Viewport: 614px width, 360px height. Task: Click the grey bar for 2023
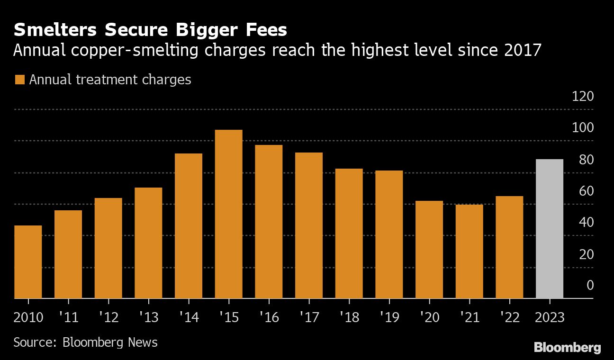coord(549,229)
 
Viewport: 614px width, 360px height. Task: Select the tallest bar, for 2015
coord(228,214)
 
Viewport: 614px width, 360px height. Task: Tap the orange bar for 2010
coord(28,262)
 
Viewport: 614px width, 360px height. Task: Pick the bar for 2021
coord(469,252)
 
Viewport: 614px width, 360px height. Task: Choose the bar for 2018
coord(349,234)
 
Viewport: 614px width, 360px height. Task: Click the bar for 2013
coord(148,243)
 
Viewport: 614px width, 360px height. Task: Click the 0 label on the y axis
coord(590,286)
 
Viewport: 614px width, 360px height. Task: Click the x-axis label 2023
coord(549,317)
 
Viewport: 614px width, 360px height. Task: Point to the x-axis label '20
coord(429,317)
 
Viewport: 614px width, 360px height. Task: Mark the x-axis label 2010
coord(28,317)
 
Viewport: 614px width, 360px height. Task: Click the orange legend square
coord(19,80)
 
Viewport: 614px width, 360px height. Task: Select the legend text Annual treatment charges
coord(110,80)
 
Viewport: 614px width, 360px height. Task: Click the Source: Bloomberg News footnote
coord(85,342)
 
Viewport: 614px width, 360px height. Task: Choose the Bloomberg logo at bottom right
coord(567,348)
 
